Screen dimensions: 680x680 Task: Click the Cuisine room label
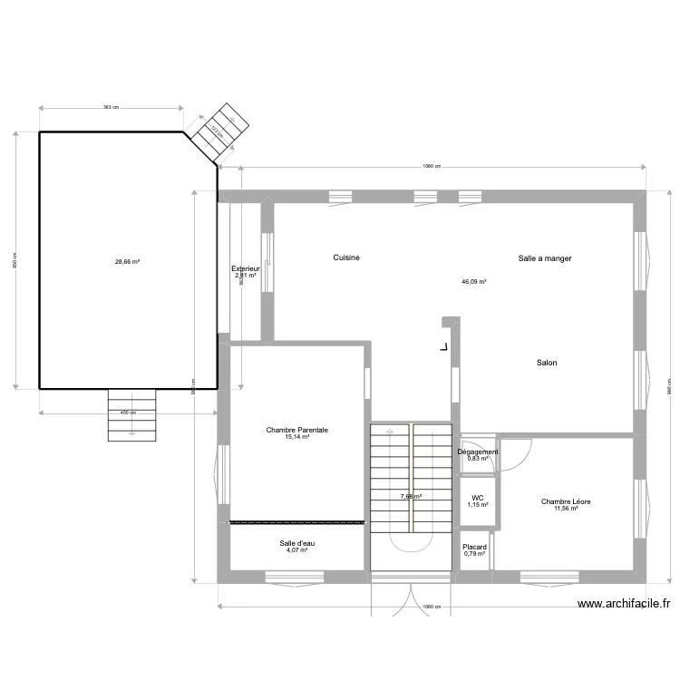[346, 257]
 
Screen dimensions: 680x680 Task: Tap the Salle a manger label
[545, 257]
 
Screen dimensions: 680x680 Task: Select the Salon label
[547, 363]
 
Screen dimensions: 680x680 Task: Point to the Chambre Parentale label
[297, 430]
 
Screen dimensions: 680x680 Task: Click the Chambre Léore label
[566, 501]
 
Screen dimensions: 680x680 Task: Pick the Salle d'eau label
[297, 542]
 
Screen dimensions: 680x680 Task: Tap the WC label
[477, 498]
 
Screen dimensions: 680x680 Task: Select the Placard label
[475, 547]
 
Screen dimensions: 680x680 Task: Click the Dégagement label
[477, 452]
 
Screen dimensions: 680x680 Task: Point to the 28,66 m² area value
[127, 261]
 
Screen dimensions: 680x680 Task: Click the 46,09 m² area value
[474, 282]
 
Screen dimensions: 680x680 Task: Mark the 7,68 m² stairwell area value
[411, 496]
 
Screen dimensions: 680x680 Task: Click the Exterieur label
[246, 268]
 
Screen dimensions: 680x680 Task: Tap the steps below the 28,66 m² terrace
[132, 415]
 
